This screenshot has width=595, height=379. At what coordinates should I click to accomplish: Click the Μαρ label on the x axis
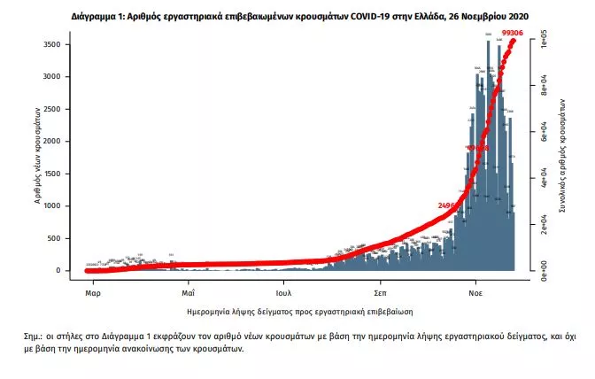tap(92, 290)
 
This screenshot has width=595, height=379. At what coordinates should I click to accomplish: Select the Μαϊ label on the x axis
tap(188, 290)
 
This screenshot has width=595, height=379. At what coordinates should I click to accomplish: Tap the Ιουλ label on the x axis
tap(283, 290)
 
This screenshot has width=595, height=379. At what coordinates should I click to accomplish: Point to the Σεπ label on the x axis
tap(380, 290)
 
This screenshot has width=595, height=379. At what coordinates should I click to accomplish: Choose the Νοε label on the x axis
tap(475, 290)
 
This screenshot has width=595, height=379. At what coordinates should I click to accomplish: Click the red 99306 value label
tap(513, 32)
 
